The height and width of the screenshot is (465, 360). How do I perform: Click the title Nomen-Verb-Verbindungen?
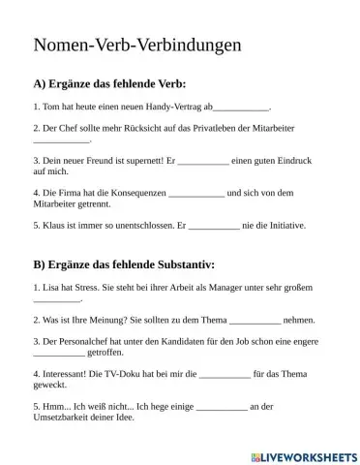[137, 45]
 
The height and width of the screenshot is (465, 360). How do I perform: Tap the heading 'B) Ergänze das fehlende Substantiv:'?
[124, 264]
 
